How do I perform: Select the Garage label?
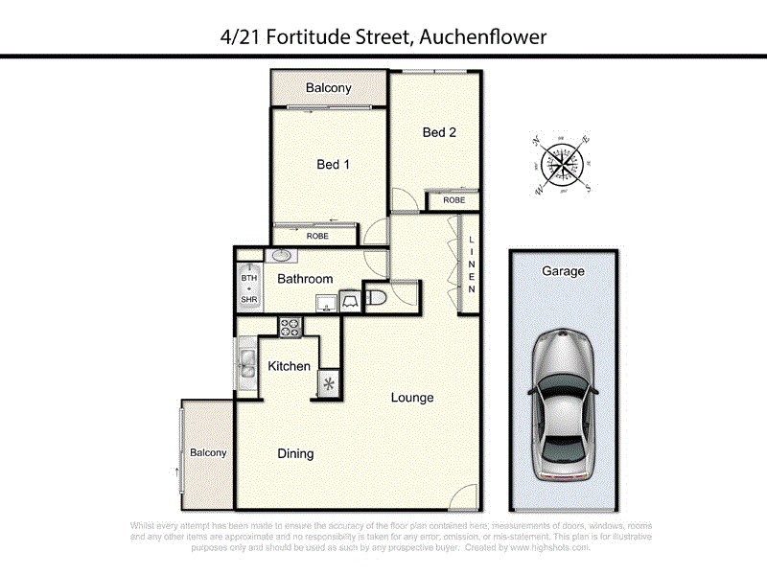(563, 271)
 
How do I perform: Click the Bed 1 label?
(333, 165)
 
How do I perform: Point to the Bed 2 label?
(438, 132)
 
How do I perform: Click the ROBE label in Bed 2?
(453, 201)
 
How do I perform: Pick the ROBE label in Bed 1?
(317, 236)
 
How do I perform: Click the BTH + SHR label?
(249, 288)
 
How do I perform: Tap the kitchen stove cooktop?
(290, 327)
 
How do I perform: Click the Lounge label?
(412, 398)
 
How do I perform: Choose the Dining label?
(295, 454)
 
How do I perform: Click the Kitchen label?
(289, 366)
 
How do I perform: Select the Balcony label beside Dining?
(208, 453)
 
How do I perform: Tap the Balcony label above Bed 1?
(329, 88)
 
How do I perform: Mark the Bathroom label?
(305, 280)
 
